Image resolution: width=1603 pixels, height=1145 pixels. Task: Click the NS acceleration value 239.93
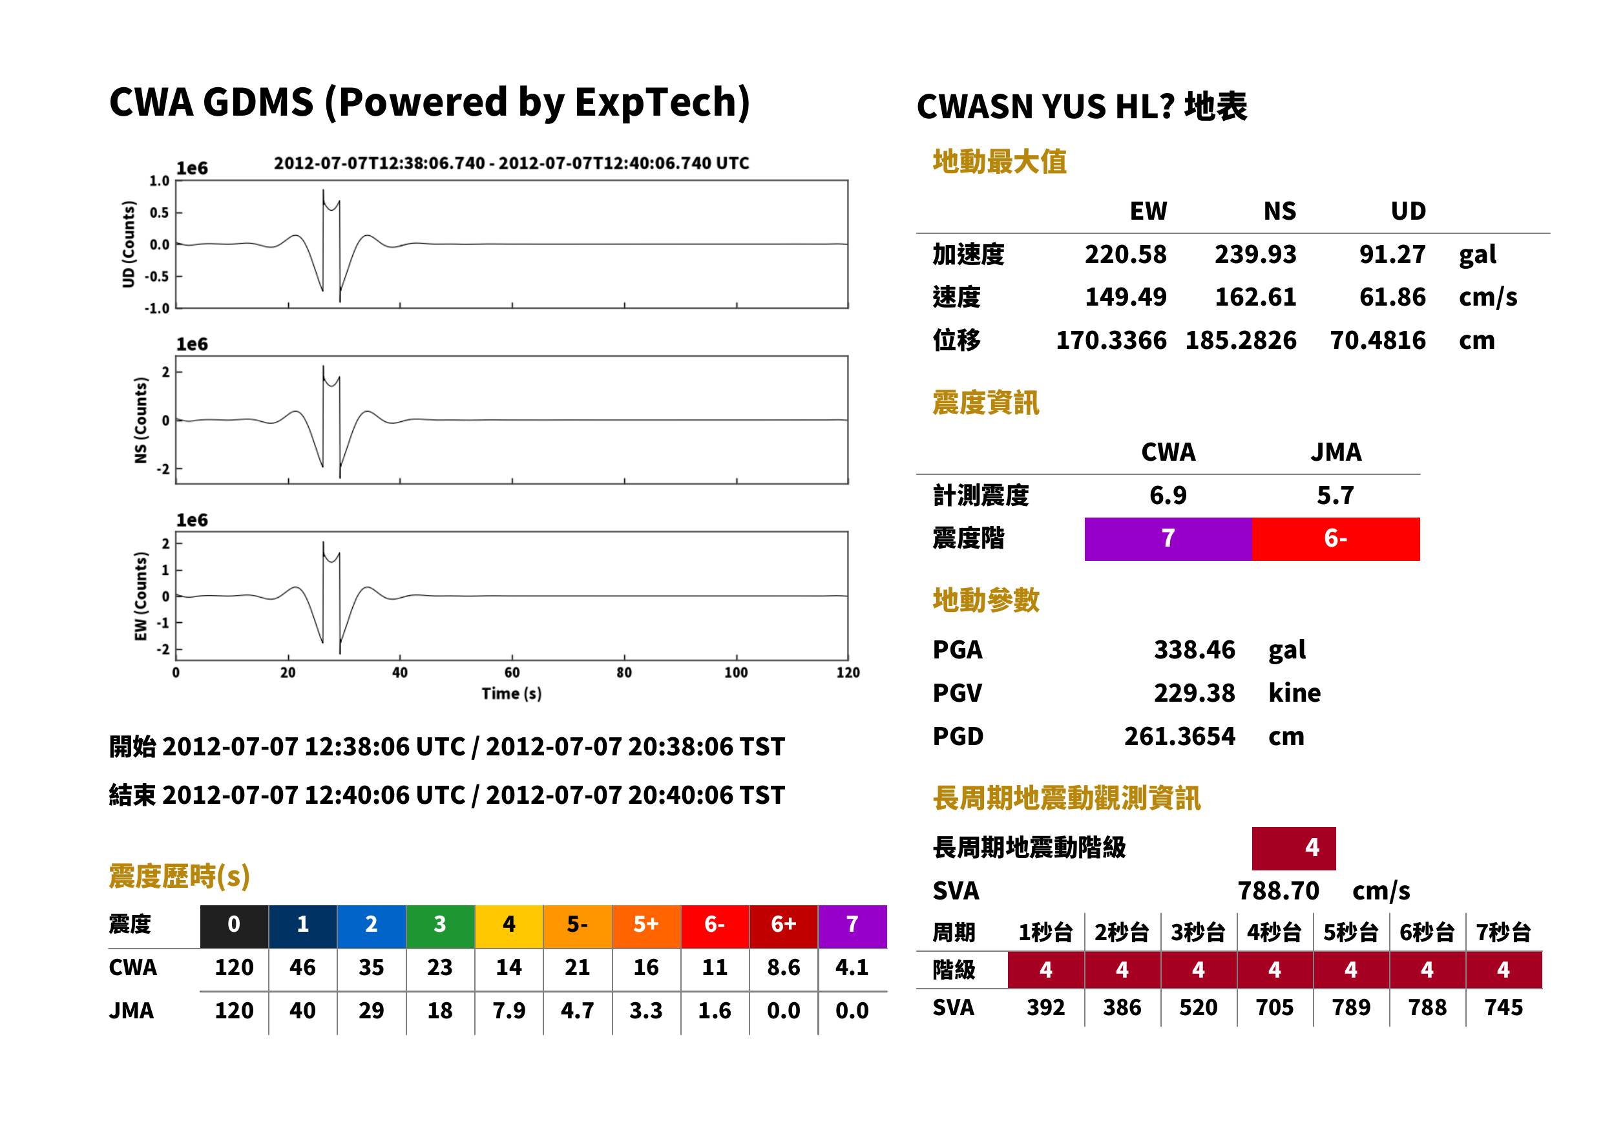[1255, 254]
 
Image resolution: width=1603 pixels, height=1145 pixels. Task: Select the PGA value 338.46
[1194, 649]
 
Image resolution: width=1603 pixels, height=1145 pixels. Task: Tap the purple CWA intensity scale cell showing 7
[1168, 539]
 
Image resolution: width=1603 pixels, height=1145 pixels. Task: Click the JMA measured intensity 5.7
[1335, 495]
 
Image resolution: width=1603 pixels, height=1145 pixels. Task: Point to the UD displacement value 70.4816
[1378, 341]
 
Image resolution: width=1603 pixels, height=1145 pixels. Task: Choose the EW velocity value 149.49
[1125, 297]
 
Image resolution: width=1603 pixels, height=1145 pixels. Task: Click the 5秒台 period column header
[1350, 932]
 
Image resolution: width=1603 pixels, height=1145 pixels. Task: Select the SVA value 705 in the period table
[1275, 1007]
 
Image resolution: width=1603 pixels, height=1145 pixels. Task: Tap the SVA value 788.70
[1278, 890]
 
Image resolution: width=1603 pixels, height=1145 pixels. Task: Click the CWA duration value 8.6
[783, 967]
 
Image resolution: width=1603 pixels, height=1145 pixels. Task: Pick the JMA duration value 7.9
[508, 1011]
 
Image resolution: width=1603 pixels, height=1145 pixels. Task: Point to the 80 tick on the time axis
[624, 673]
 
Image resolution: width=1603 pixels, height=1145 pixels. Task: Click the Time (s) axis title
[512, 694]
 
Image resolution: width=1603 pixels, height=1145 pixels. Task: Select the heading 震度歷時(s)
[180, 876]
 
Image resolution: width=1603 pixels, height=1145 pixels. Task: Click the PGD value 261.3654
[1179, 736]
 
